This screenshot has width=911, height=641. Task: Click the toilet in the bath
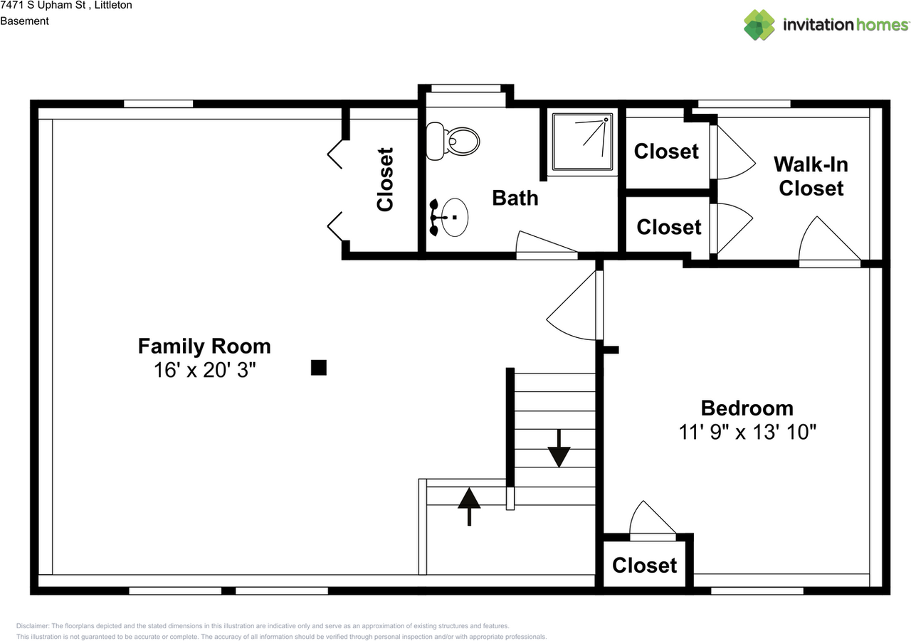pos(453,142)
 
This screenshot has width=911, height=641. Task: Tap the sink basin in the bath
pos(455,218)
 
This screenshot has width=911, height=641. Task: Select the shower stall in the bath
pos(582,142)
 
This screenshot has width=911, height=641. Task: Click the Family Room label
pos(204,346)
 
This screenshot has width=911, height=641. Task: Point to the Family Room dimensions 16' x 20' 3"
pos(204,370)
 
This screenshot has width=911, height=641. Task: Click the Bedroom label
pos(747,408)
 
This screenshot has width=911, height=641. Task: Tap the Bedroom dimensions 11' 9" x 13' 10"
pos(747,432)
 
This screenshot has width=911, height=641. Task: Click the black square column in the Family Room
pos(318,367)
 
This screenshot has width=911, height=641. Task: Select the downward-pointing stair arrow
pos(559,448)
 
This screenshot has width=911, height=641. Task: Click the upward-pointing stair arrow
pos(469,507)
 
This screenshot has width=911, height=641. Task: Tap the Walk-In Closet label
pos(811,176)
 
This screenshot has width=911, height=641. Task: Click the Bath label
pos(515,198)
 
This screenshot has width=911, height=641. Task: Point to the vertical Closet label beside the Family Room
pos(385,179)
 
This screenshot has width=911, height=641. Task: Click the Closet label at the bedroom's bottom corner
pos(645,566)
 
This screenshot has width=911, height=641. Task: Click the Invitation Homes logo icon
pos(759,25)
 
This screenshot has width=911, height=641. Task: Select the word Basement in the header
pos(24,21)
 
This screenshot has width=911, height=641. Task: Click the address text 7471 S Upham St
pos(43,5)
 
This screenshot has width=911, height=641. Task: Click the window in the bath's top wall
pos(465,88)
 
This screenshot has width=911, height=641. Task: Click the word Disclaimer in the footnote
pos(32,626)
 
